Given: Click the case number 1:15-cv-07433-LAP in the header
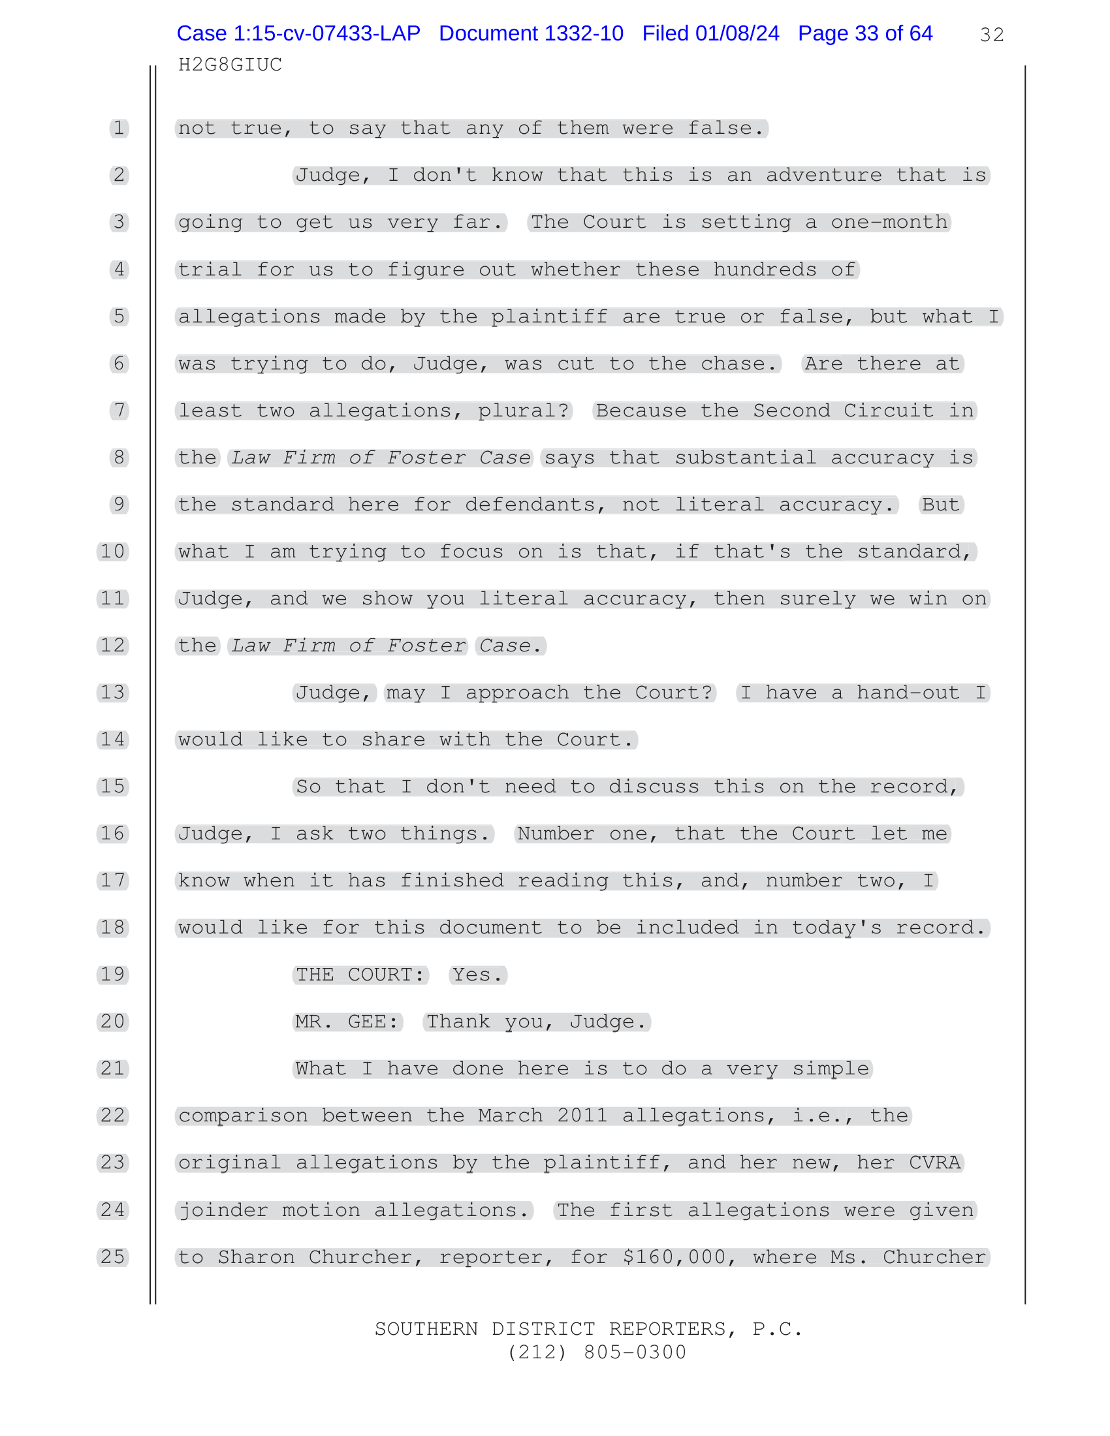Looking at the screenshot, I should (x=327, y=33).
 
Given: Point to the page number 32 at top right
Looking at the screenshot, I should (x=992, y=35).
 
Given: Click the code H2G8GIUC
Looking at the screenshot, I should (x=230, y=65).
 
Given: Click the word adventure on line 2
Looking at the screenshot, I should (x=823, y=176).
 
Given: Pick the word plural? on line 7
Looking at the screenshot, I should (x=524, y=411).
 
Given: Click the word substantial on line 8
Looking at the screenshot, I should (x=745, y=458).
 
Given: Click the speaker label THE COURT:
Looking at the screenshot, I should (x=360, y=975).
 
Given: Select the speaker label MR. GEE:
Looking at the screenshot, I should (x=347, y=1022).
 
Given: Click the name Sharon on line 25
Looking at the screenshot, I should (x=256, y=1257).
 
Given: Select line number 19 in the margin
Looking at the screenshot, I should (x=112, y=975).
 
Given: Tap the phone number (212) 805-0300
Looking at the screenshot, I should (x=596, y=1352).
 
